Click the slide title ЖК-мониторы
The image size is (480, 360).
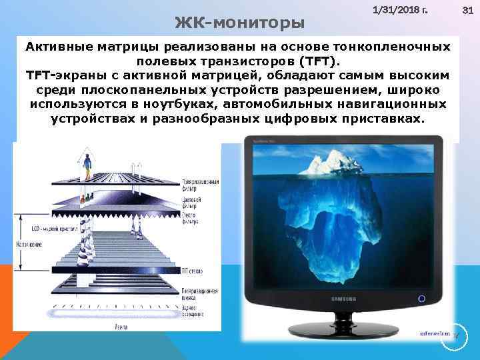coord(239,23)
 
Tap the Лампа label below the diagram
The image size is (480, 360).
coord(121,326)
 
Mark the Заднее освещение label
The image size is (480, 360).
coord(191,311)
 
